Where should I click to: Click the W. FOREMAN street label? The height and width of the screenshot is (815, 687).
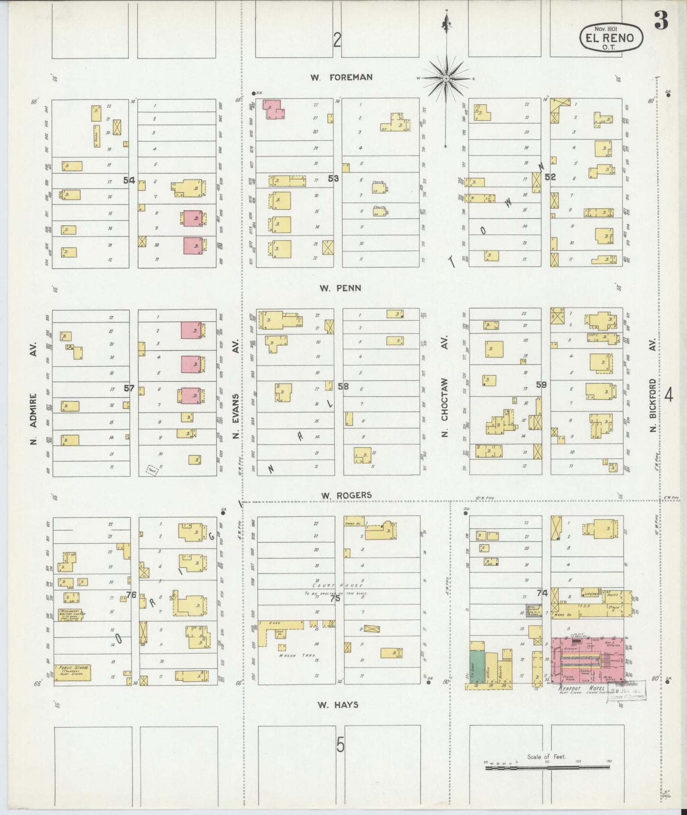tap(341, 77)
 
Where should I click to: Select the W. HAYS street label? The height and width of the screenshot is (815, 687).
tap(338, 705)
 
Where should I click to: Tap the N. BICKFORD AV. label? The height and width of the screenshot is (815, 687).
tap(653, 405)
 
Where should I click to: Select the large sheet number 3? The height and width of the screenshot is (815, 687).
tap(661, 20)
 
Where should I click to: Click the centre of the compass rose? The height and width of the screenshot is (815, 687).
tap(446, 78)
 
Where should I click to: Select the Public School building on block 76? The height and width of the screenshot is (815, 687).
tap(72, 672)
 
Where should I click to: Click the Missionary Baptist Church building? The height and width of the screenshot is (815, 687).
tap(69, 615)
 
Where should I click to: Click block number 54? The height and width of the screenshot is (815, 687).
tap(129, 180)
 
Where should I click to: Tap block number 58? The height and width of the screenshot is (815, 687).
tap(343, 386)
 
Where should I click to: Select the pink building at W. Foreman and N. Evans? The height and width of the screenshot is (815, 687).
tap(273, 109)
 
